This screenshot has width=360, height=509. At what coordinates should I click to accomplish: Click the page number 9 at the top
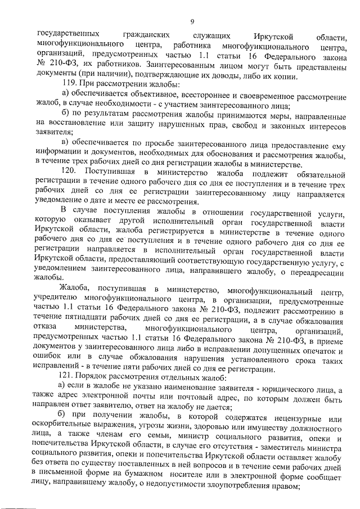192,21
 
